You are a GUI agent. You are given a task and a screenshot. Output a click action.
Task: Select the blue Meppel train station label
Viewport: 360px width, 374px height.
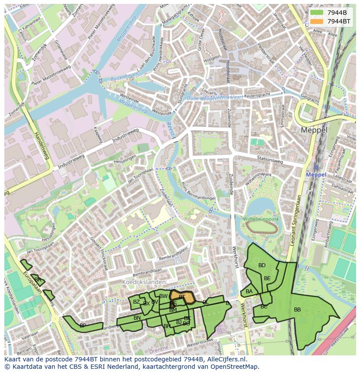316,175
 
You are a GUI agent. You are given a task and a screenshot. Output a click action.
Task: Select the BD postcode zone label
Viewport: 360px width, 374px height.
262,265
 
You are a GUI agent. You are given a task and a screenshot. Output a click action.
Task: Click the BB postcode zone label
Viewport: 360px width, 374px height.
297,310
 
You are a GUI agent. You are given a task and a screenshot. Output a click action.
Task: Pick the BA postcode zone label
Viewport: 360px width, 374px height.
249,291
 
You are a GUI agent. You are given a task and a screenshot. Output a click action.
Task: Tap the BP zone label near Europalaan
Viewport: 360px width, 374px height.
83,325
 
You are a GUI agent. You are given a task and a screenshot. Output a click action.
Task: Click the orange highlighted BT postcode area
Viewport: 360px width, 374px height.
182,297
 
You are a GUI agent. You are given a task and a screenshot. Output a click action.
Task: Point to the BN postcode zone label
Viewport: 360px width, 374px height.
137,318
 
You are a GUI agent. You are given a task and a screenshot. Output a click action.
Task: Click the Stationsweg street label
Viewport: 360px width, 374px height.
270,160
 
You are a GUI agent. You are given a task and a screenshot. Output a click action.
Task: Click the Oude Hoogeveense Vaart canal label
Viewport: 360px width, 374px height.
215,98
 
